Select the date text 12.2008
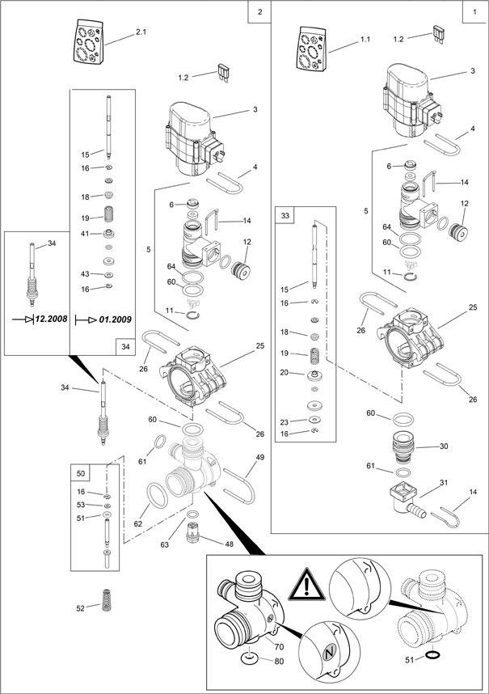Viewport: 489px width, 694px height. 53,320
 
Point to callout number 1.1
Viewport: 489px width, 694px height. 365,39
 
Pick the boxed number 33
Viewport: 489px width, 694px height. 285,215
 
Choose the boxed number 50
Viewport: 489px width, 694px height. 81,472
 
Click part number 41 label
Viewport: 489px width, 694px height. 85,234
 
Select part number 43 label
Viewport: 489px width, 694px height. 85,274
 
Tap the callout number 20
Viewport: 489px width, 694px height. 285,373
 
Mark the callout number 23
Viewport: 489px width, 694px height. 285,422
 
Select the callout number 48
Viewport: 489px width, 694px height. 229,544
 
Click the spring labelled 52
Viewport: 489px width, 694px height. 107,602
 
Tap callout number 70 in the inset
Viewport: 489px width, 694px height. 279,646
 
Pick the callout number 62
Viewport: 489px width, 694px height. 137,524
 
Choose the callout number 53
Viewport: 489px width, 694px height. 81,505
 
